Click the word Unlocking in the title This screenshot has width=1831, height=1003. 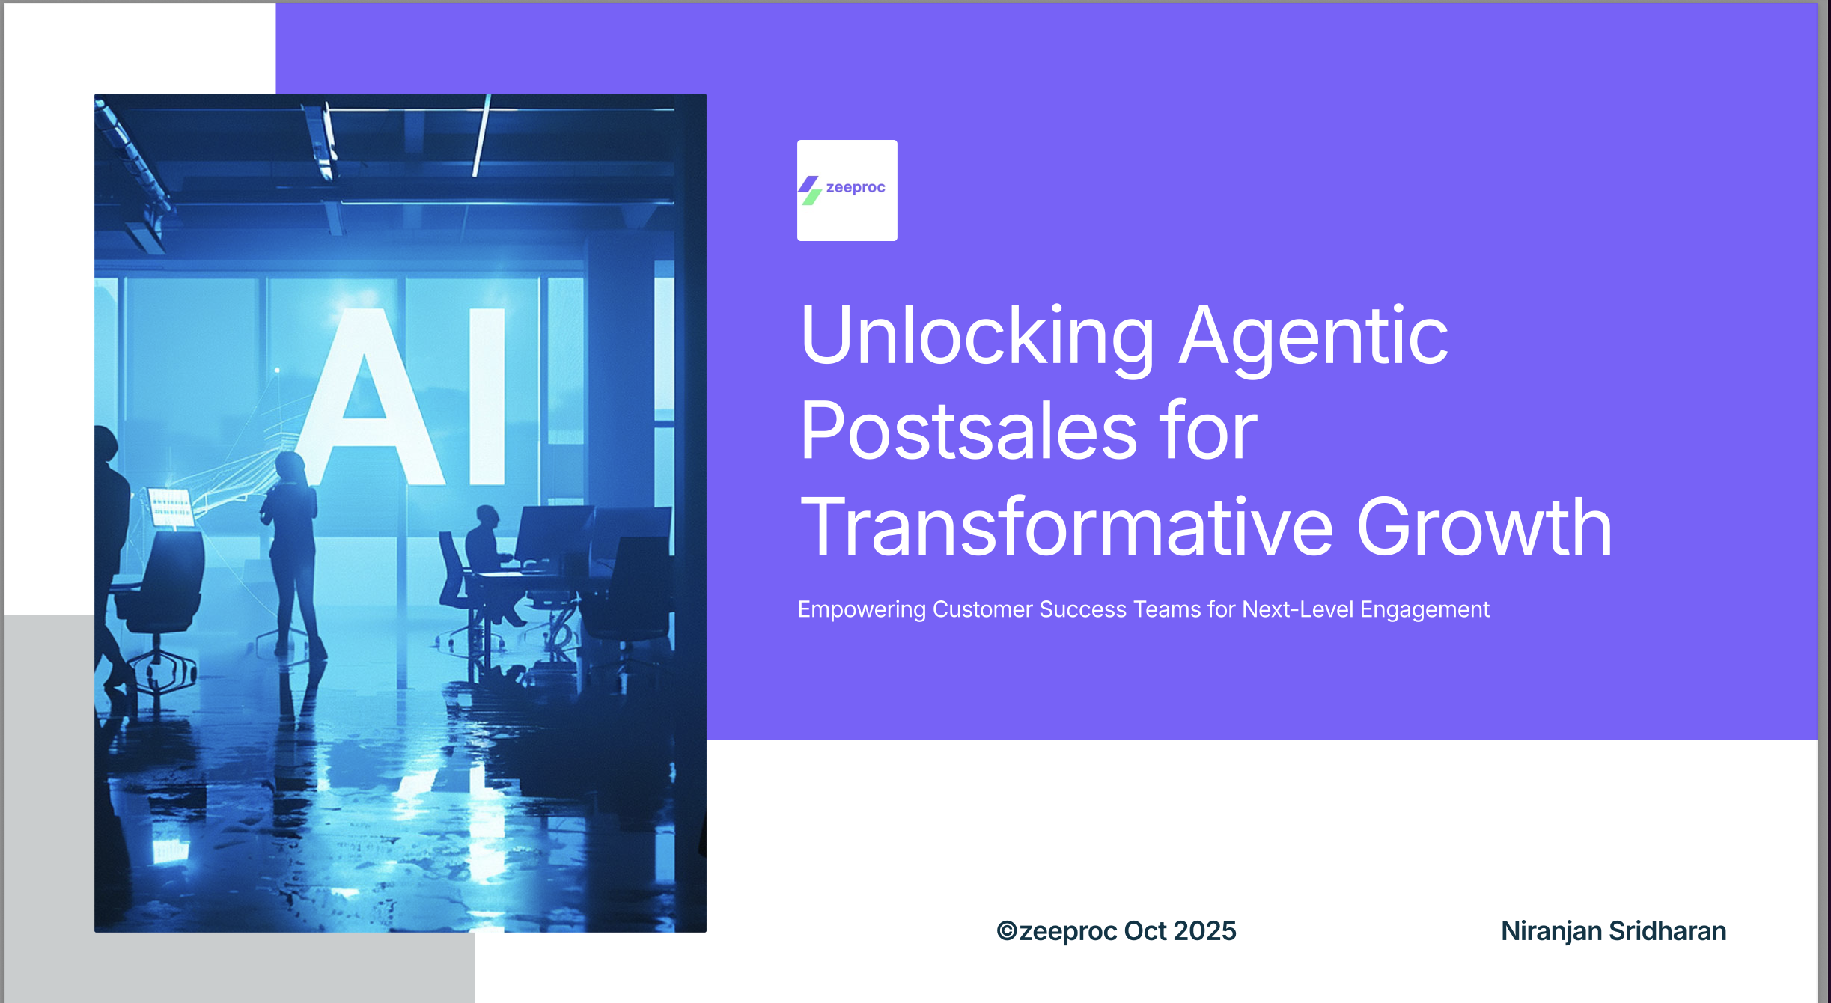978,338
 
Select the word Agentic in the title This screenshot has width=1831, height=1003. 1314,338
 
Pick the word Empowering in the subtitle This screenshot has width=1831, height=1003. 862,610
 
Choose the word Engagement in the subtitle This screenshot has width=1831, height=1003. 1425,610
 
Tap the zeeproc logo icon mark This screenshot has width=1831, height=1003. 810,190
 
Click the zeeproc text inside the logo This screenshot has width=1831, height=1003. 856,187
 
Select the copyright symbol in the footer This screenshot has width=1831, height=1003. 1007,931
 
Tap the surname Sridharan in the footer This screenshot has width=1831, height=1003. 1668,931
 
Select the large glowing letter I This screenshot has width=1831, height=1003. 487,396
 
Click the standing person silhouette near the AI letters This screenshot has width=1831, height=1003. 293,554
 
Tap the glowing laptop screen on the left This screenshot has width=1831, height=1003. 171,507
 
